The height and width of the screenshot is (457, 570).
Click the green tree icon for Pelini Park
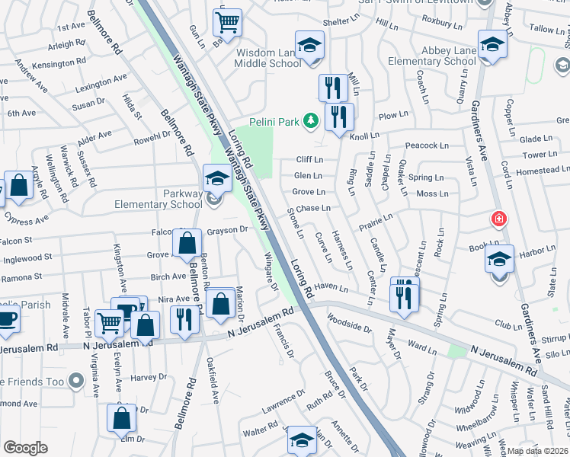(310, 120)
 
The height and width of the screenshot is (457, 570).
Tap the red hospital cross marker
(499, 220)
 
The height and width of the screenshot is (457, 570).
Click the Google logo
(25, 448)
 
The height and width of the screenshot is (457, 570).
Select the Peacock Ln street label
(424, 145)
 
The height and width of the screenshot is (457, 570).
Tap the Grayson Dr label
(228, 229)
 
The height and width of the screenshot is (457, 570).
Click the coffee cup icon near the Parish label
(6, 318)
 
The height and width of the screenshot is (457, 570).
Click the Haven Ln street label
(331, 288)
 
